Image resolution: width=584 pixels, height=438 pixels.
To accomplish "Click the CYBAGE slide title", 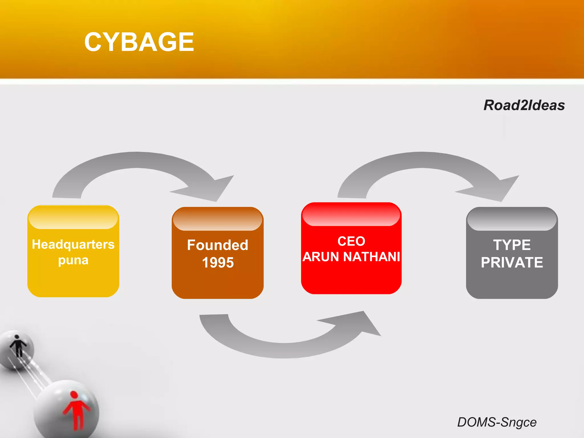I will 139,42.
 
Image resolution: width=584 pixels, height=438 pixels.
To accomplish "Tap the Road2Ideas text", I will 524,105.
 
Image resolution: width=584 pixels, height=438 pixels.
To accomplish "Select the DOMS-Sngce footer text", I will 497,422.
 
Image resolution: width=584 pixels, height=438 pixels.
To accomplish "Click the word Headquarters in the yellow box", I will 73,245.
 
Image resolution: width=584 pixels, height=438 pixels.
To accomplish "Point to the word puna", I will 73,260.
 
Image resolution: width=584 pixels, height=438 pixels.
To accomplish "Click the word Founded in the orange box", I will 218,245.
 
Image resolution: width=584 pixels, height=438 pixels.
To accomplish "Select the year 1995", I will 218,263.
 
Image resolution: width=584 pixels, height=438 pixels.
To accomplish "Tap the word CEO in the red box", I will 351,241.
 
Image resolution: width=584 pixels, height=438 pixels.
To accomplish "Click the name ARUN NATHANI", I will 351,257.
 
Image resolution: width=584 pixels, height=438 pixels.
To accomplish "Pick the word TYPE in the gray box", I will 512,245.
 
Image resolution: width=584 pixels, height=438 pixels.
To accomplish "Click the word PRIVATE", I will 512,263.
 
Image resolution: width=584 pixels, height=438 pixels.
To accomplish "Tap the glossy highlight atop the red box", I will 351,215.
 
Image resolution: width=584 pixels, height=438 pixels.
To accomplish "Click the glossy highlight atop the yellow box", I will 73,218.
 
